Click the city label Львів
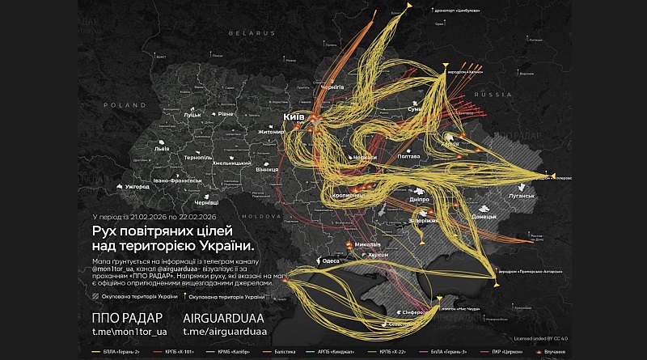(162, 150)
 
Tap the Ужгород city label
(136, 186)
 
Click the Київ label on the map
(294, 117)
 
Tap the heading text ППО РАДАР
(127, 316)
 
